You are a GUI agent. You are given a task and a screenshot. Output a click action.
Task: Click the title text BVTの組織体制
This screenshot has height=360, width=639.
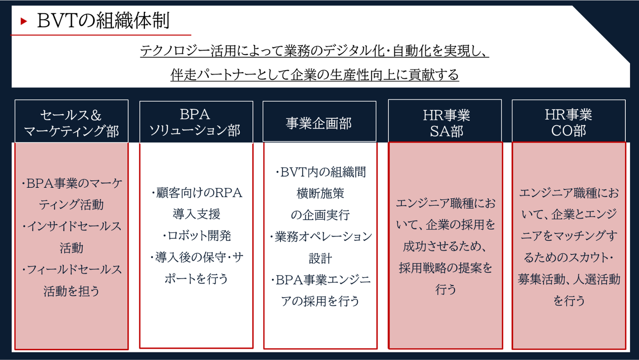point(103,21)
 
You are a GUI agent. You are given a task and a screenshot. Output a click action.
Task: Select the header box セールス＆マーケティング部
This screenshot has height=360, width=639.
point(71,123)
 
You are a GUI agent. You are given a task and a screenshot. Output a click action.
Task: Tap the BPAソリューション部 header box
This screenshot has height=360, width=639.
point(196,122)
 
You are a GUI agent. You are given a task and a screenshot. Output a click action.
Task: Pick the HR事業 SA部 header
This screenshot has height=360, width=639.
point(446,123)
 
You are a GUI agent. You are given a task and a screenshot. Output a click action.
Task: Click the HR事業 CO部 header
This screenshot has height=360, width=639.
point(568,123)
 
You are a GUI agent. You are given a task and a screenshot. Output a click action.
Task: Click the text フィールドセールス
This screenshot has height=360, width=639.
point(74,269)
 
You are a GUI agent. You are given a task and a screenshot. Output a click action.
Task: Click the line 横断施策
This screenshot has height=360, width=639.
point(320,194)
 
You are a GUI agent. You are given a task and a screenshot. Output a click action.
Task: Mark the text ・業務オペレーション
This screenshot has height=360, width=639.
point(320,237)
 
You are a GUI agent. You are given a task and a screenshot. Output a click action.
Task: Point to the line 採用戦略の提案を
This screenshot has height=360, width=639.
point(446,268)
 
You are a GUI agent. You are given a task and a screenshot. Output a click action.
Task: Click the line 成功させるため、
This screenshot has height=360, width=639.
point(446,246)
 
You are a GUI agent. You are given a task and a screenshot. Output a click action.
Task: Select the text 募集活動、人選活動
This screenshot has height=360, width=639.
point(569,279)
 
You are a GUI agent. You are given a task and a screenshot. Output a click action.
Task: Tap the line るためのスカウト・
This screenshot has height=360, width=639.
point(569,258)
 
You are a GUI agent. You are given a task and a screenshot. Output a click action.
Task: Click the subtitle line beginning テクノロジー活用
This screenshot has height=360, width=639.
point(314,51)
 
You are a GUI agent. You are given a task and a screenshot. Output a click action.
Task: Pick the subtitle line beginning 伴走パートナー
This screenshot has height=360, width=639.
point(314,74)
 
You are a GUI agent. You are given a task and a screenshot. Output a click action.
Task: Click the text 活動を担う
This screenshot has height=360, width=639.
point(71,291)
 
